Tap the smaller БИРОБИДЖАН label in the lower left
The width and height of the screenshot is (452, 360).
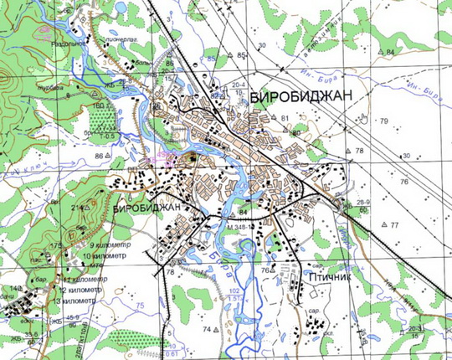(x=146, y=206)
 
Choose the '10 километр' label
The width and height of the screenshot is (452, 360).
(x=107, y=255)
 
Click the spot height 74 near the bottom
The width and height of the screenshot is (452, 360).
(x=207, y=329)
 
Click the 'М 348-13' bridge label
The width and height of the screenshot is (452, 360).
(x=240, y=227)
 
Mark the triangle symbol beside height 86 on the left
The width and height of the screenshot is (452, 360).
(x=110, y=157)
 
